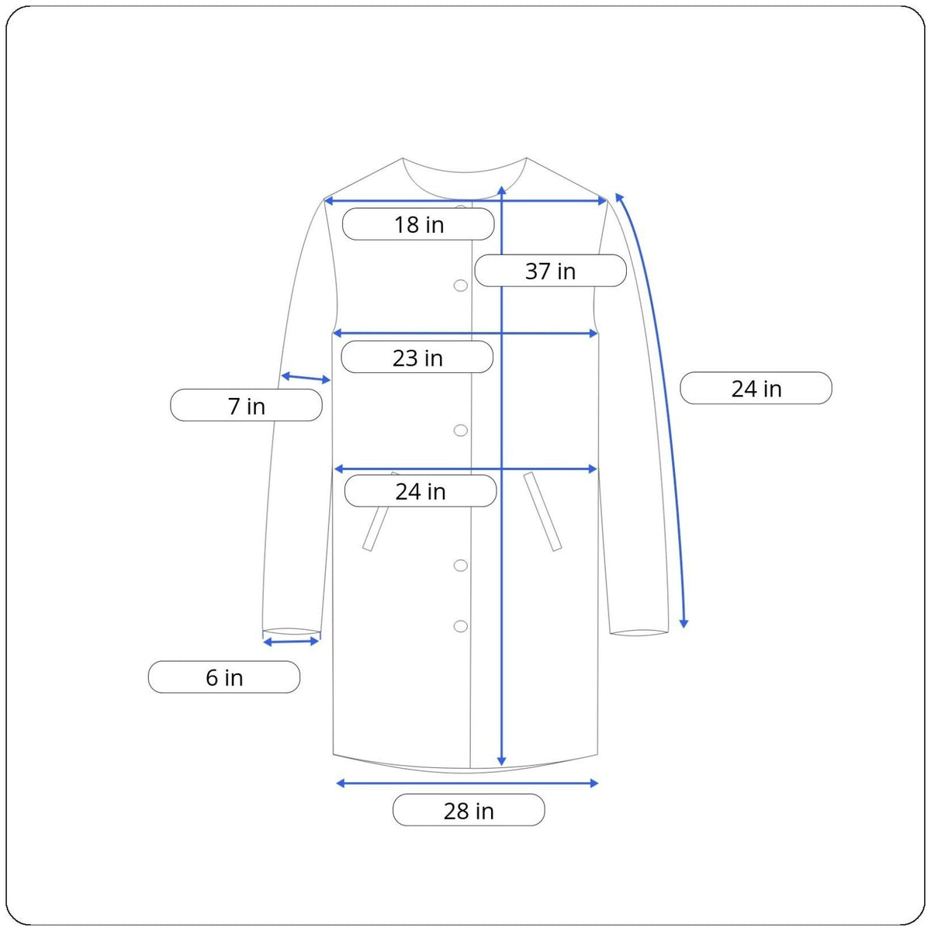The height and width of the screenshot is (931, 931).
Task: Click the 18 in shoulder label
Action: point(418,224)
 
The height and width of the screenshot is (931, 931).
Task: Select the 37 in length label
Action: point(550,271)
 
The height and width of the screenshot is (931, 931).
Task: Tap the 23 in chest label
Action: point(417,357)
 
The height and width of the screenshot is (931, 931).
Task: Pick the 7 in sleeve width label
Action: point(247,405)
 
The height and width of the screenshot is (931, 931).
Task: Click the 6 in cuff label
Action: point(224,677)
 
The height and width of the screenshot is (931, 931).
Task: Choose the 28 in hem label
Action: point(469,810)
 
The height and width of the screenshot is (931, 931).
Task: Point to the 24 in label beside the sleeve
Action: point(756,388)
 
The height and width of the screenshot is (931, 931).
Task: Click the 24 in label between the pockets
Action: point(421,491)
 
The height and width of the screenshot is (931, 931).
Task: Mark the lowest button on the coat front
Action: point(460,627)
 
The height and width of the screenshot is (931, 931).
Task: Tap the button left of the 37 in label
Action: point(460,286)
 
